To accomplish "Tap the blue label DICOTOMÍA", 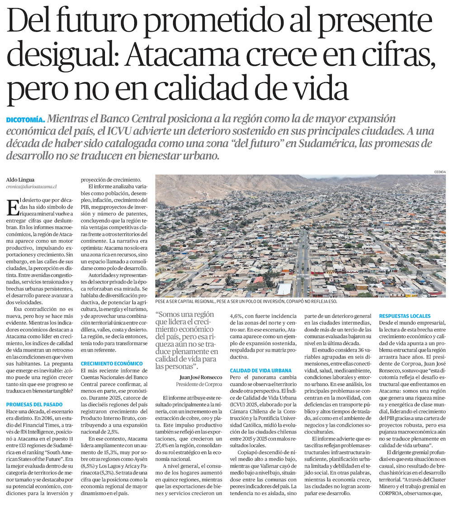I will point(25,120).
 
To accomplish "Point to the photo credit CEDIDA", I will point(439,172).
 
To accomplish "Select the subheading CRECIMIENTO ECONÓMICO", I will point(112,363).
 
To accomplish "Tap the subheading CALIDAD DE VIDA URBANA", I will point(260,371).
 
